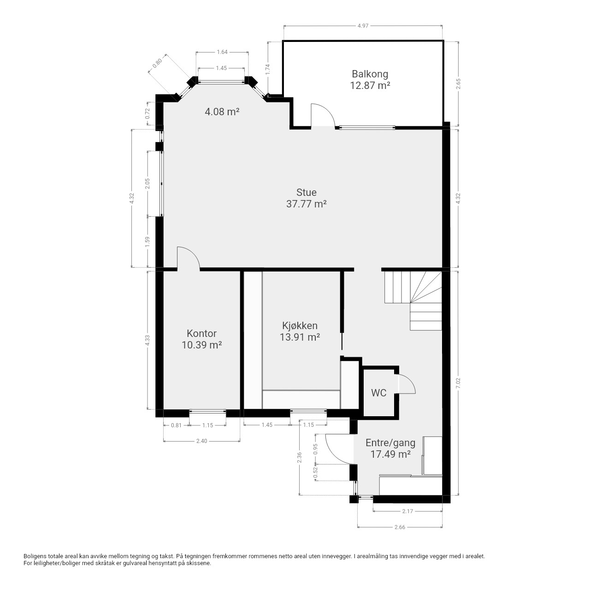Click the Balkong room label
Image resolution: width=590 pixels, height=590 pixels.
(370, 74)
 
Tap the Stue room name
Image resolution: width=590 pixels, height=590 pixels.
(306, 192)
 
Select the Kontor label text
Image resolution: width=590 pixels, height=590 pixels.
(201, 333)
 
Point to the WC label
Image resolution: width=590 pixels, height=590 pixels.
(378, 393)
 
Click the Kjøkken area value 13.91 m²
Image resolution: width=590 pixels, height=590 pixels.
(300, 337)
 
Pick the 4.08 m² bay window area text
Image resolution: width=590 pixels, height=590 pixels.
(222, 112)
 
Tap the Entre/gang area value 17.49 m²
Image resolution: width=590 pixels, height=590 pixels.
(390, 454)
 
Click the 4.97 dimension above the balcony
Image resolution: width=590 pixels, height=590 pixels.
(363, 26)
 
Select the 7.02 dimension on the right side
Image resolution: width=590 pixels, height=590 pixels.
(458, 383)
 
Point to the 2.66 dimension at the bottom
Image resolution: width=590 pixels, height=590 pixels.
(400, 527)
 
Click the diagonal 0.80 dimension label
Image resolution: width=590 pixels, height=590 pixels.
(157, 63)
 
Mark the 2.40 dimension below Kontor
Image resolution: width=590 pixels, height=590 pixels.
(201, 441)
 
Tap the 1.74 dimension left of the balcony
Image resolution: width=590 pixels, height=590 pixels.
(268, 70)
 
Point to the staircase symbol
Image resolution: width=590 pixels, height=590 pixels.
(413, 301)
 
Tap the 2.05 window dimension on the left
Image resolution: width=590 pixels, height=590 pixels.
(147, 184)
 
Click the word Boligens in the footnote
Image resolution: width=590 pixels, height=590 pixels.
(35, 556)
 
